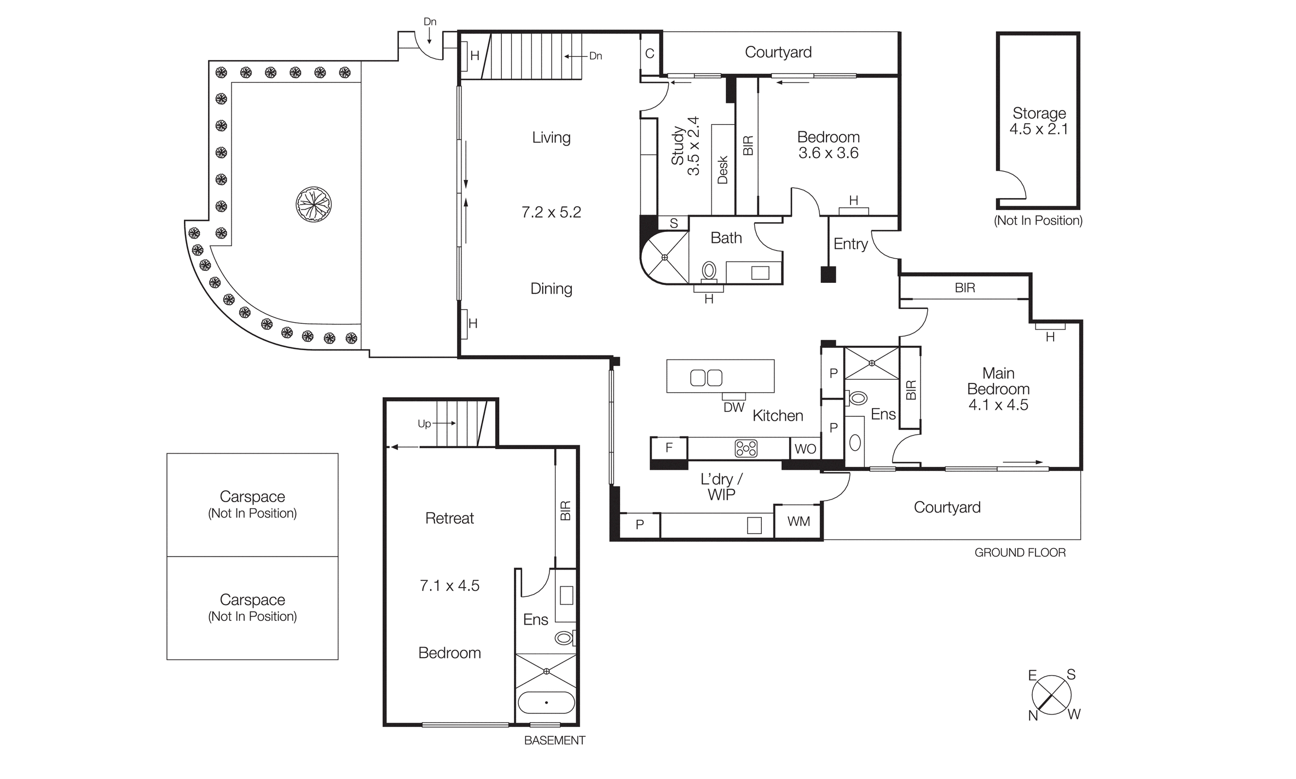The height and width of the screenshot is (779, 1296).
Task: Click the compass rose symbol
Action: [x=1051, y=695]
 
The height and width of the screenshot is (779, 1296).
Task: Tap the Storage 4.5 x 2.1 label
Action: [x=1039, y=121]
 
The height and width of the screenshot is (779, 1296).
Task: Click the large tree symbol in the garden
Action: [x=314, y=204]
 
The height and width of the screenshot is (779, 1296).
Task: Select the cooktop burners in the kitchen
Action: [x=746, y=449]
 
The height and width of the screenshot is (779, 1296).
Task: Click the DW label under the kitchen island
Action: [x=734, y=407]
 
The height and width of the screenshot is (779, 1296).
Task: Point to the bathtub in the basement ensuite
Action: [x=546, y=702]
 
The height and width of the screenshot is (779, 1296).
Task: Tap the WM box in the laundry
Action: [x=799, y=521]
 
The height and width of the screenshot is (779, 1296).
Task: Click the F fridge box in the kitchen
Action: [x=669, y=448]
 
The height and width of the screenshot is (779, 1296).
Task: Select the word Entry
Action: [x=850, y=244]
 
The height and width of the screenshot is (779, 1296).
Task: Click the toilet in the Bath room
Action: [x=709, y=271]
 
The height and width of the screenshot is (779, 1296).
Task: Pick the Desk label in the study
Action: [x=722, y=170]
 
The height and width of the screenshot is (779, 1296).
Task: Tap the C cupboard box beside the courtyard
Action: [x=650, y=54]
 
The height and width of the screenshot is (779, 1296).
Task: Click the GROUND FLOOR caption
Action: [x=1020, y=553]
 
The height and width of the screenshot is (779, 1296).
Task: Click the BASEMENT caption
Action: [x=554, y=740]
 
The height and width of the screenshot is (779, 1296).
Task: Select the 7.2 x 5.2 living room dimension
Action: [x=551, y=212]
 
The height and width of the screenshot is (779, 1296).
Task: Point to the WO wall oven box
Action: [x=805, y=449]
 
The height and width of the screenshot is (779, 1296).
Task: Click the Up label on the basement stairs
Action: [x=424, y=423]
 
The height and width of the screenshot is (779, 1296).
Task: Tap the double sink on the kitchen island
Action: [x=706, y=378]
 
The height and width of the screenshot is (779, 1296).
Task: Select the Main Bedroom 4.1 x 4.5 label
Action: [x=998, y=389]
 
